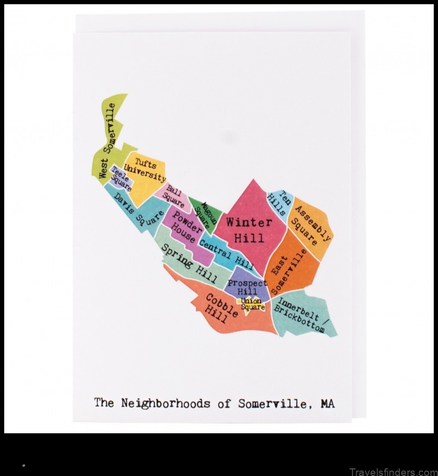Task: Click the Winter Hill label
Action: point(249,230)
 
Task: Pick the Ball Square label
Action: point(175,196)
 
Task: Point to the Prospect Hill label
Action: point(247,287)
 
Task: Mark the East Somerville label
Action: point(289,271)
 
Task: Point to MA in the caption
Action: point(327,404)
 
